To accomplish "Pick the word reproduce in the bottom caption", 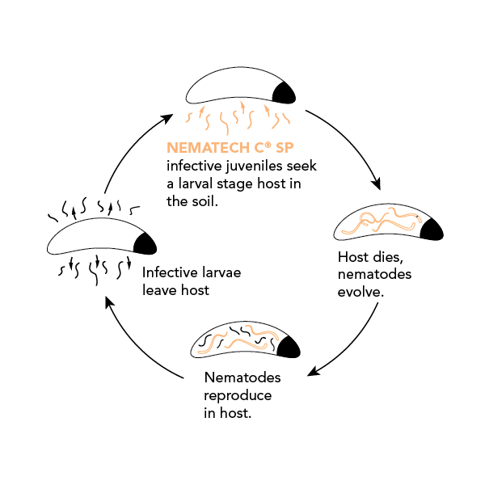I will pos(238,396).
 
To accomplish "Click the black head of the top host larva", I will pos(285,94).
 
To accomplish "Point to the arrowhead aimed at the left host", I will pos(111,303).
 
